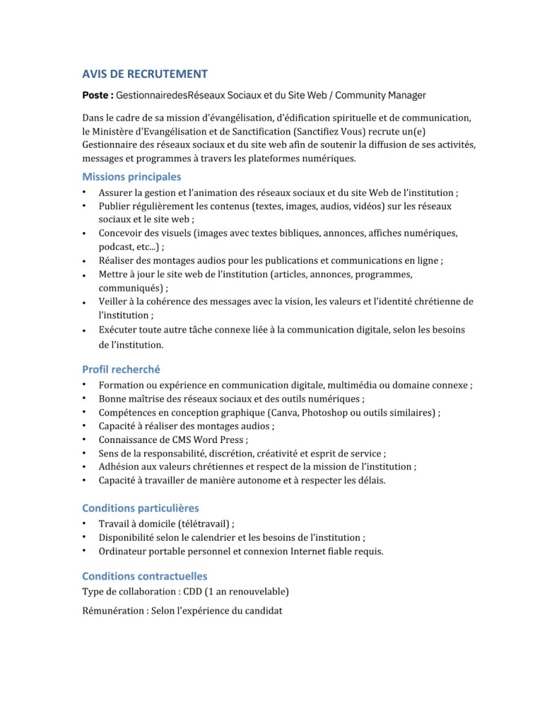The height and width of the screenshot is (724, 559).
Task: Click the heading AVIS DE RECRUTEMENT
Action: (145, 74)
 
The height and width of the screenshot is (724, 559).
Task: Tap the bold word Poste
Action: (96, 94)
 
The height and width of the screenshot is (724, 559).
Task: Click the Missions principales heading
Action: (131, 177)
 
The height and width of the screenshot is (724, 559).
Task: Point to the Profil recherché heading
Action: (121, 369)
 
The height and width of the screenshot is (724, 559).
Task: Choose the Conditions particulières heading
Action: (140, 507)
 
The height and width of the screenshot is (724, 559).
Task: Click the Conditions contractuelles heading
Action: (144, 576)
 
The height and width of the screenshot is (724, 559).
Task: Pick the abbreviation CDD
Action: (193, 591)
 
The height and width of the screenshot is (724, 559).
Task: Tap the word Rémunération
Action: (113, 611)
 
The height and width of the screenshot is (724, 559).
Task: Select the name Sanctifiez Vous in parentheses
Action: (382, 131)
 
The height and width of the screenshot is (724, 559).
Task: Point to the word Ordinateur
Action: (122, 551)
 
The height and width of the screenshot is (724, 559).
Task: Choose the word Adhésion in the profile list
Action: (118, 467)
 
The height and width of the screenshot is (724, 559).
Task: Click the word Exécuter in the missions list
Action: (118, 330)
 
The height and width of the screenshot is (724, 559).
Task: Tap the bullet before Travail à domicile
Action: (84, 523)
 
